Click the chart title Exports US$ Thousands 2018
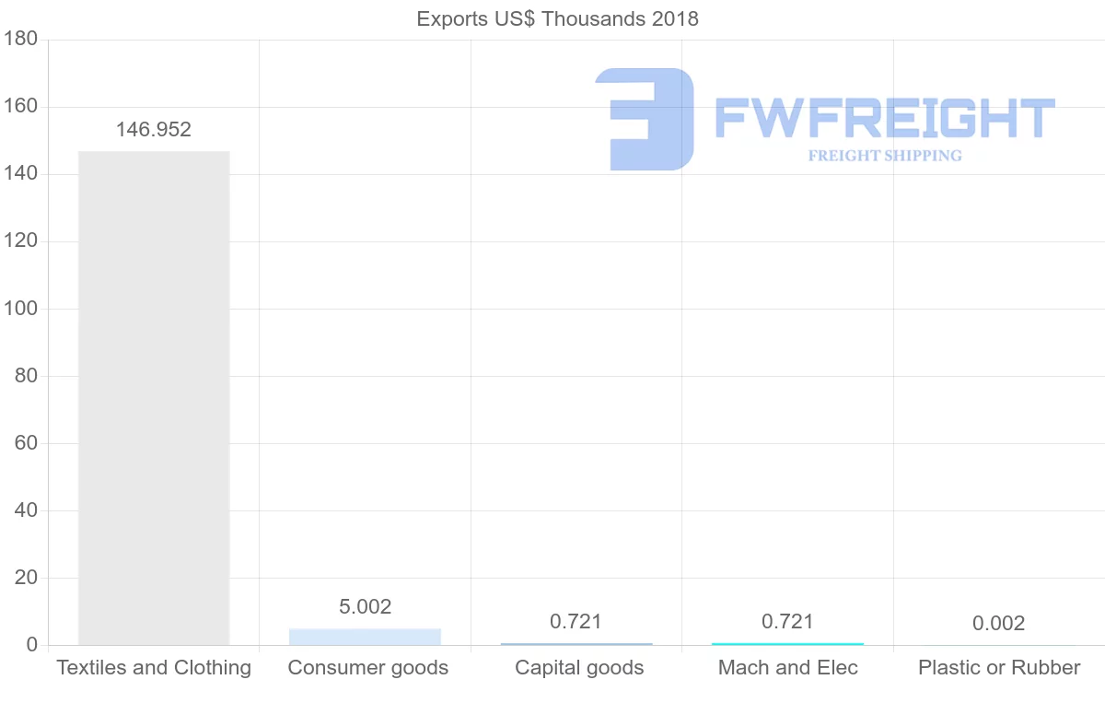pyautogui.click(x=557, y=18)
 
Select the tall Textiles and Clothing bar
pyautogui.click(x=154, y=396)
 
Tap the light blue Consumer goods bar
pyautogui.click(x=365, y=637)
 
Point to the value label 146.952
pyautogui.click(x=154, y=130)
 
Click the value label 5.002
pyautogui.click(x=365, y=606)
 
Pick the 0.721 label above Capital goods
pyautogui.click(x=576, y=622)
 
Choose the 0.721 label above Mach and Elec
pyautogui.click(x=787, y=622)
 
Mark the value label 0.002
pyautogui.click(x=998, y=624)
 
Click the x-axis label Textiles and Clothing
pyautogui.click(x=154, y=668)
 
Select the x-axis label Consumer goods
pyautogui.click(x=367, y=668)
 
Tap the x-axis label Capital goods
pyautogui.click(x=579, y=668)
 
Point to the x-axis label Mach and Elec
pyautogui.click(x=787, y=668)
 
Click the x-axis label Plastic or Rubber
pyautogui.click(x=999, y=668)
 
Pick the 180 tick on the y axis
pyautogui.click(x=19, y=40)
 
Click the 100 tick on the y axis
pyautogui.click(x=19, y=309)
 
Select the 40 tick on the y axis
pyautogui.click(x=26, y=510)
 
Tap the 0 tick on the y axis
pyautogui.click(x=31, y=645)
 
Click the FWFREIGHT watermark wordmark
pyautogui.click(x=884, y=119)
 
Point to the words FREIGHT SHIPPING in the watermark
pyautogui.click(x=885, y=156)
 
